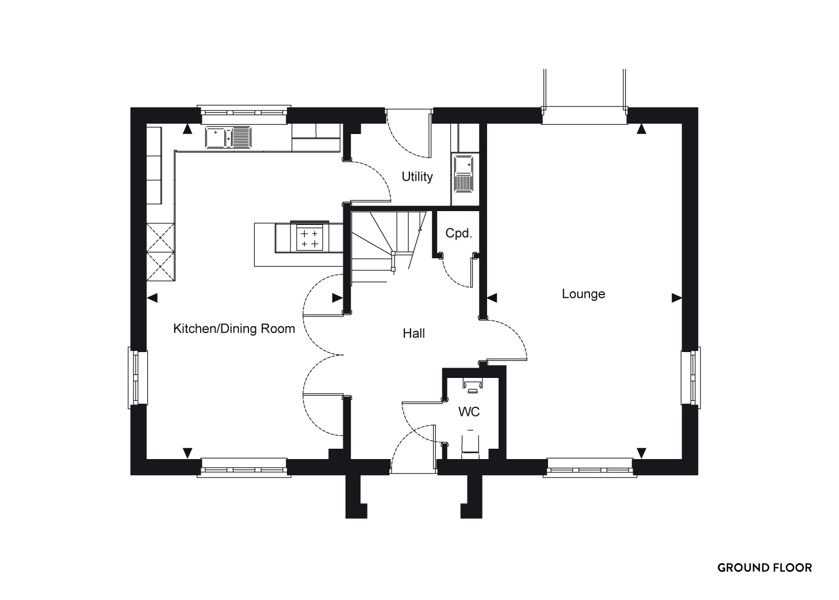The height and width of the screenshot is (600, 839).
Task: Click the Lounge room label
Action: pos(583,294)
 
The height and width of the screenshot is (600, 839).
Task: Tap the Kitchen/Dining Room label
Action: pos(234,328)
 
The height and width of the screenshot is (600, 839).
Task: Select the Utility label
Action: pos(417,177)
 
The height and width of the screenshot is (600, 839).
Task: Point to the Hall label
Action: pos(414,333)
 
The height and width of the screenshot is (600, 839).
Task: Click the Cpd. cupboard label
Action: pos(459,234)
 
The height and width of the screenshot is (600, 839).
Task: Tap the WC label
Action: pos(469,412)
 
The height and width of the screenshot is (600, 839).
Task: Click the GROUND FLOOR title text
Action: pos(764,568)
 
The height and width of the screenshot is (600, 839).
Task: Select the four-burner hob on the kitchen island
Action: pos(309,238)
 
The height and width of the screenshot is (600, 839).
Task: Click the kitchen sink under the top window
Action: pos(228,137)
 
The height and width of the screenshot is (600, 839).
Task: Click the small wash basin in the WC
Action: pos(472,385)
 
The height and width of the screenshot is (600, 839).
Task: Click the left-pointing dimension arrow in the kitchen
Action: pos(152,298)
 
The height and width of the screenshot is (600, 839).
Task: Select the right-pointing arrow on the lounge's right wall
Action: pos(676,298)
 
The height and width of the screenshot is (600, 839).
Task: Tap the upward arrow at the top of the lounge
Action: pos(642,129)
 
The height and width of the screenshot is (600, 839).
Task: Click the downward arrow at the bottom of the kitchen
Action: pos(187,453)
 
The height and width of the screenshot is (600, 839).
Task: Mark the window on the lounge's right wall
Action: pos(691,377)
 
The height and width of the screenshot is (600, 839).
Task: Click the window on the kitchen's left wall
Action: pos(138,377)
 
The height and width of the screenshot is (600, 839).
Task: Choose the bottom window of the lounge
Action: pos(590,467)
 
